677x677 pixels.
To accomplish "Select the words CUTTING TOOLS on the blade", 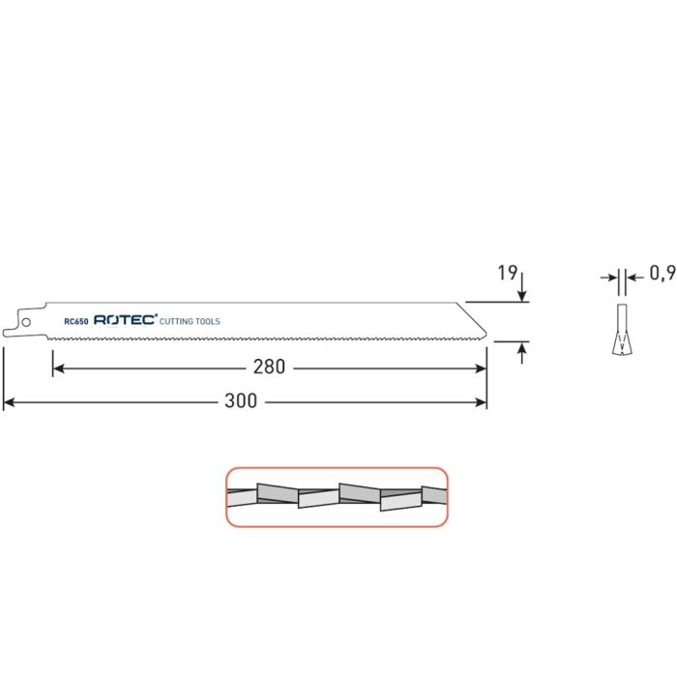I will point(190,320).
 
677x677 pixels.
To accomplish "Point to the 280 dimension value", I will point(271,368).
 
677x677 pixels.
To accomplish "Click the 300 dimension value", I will point(242,400).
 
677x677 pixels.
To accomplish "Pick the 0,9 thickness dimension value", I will point(661,274).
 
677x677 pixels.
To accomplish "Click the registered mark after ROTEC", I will point(155,316).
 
